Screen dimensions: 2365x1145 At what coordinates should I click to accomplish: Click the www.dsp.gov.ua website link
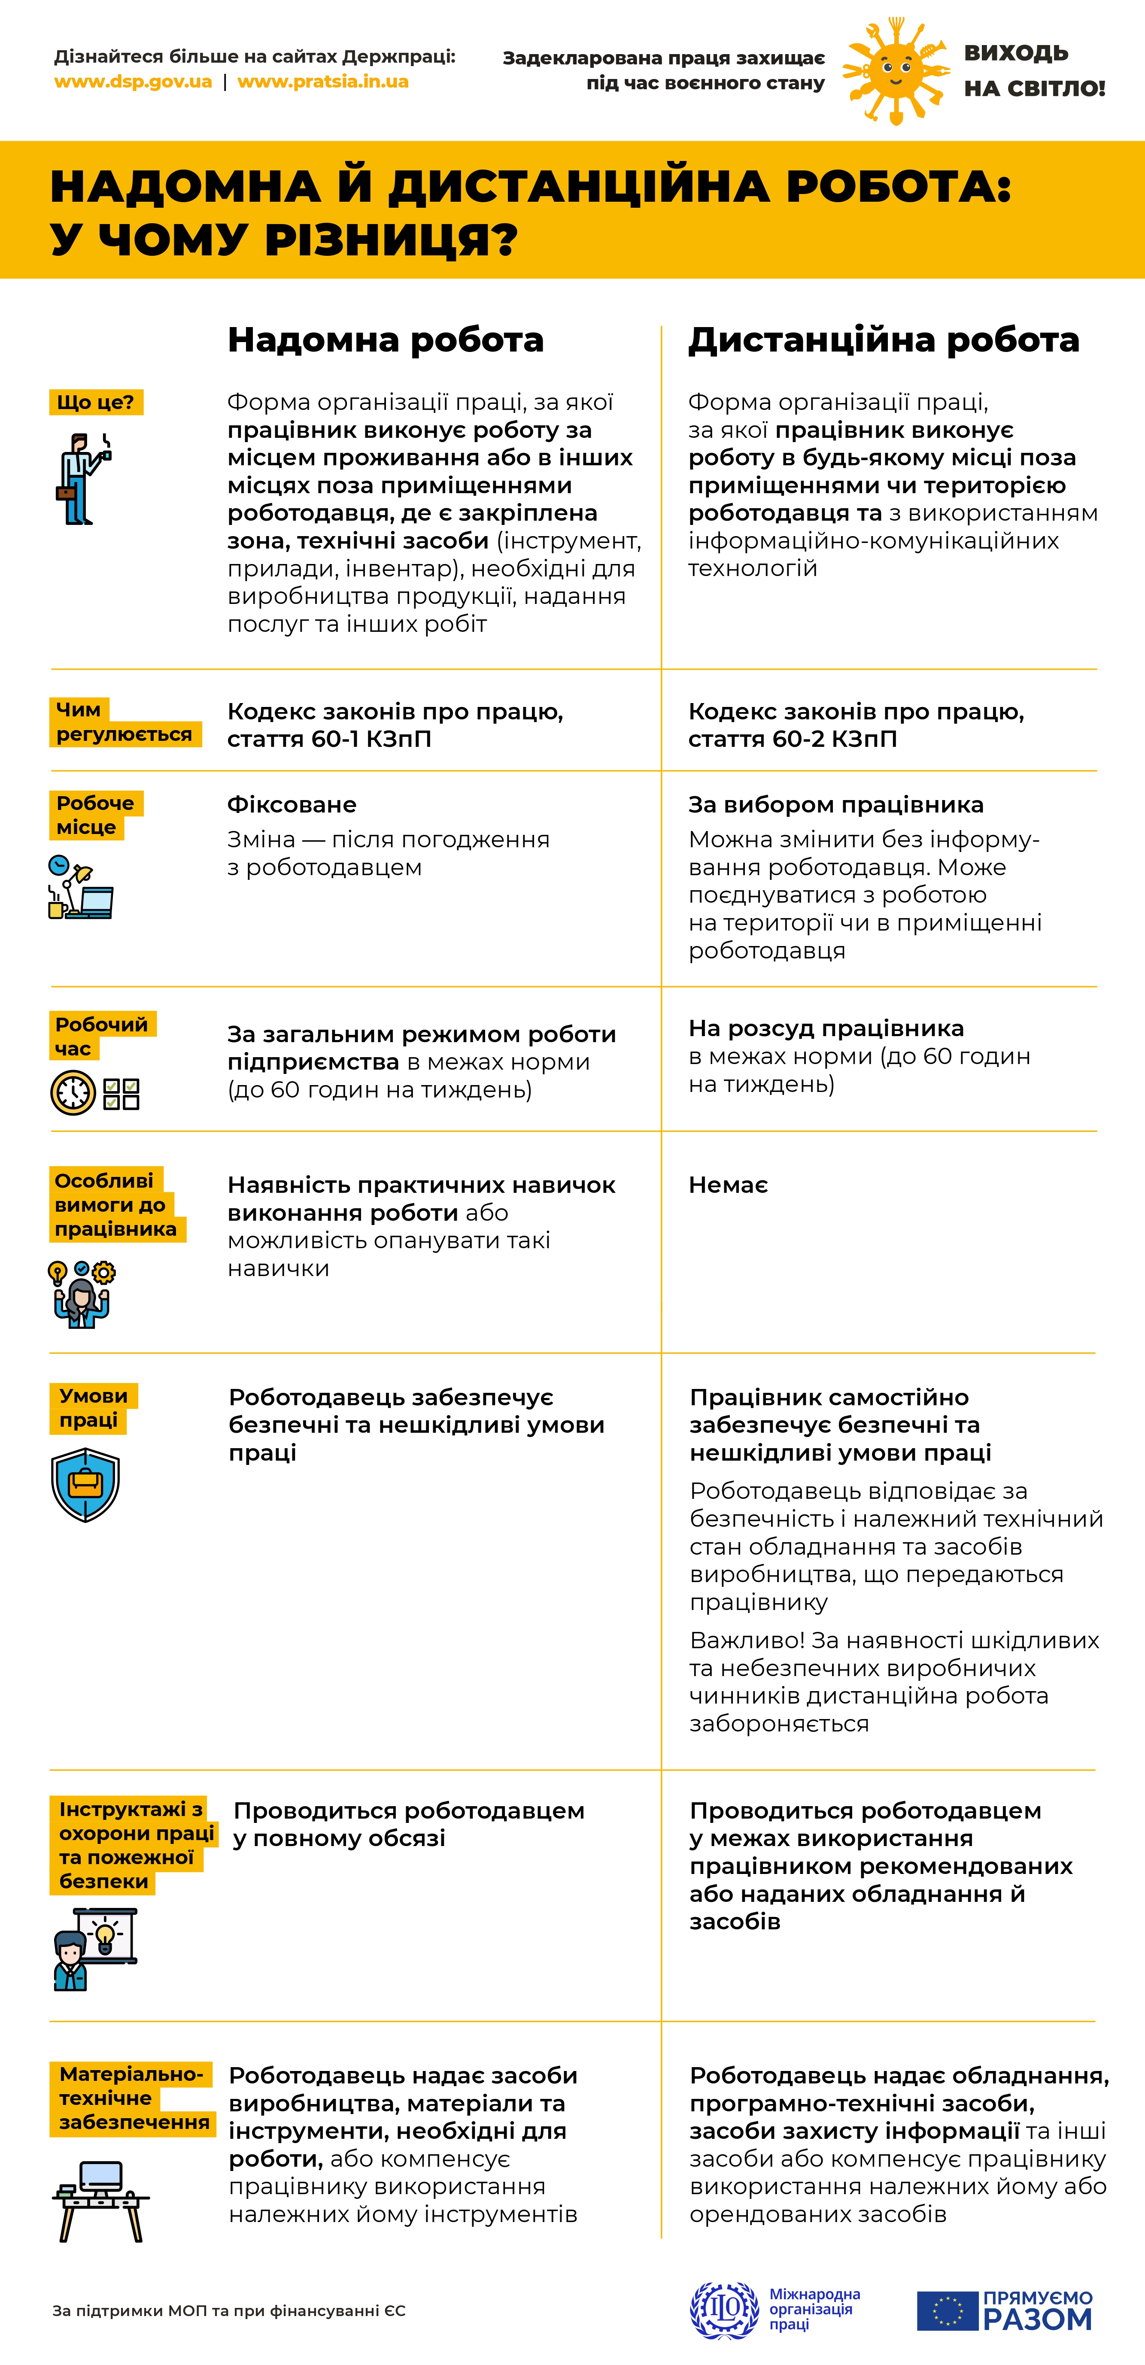(x=133, y=82)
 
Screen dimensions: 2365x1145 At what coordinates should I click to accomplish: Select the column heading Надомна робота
(x=386, y=340)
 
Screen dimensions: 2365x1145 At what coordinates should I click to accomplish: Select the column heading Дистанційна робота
(x=883, y=340)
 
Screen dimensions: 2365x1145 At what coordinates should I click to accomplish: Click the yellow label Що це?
(x=95, y=402)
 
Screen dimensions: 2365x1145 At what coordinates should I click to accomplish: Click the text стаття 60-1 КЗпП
(x=329, y=739)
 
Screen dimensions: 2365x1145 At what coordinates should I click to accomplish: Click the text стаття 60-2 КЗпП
(x=793, y=739)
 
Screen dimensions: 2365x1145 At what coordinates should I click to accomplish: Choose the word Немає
(x=728, y=1185)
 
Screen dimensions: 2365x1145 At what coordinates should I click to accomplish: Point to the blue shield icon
(x=85, y=1485)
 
